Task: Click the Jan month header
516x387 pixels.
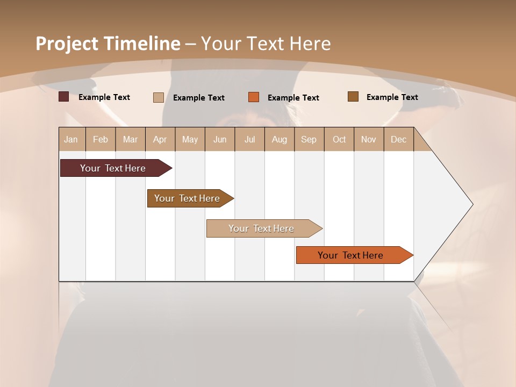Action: [x=71, y=139]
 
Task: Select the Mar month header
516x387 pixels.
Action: [x=130, y=139]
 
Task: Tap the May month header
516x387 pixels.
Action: [x=190, y=139]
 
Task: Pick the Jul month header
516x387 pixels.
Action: [x=249, y=139]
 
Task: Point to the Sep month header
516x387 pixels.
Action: [x=309, y=139]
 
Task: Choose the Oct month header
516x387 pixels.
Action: [x=339, y=139]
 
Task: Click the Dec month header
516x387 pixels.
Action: [x=398, y=139]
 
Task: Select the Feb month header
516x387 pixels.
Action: [x=101, y=139]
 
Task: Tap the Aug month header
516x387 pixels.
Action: [x=279, y=139]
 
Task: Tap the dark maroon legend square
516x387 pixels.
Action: [x=63, y=97]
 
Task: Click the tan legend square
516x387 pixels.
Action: [x=158, y=97]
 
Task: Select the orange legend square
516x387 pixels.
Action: [x=254, y=97]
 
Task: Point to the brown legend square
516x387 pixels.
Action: [x=353, y=97]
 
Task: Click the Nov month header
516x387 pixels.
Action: [x=369, y=139]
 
